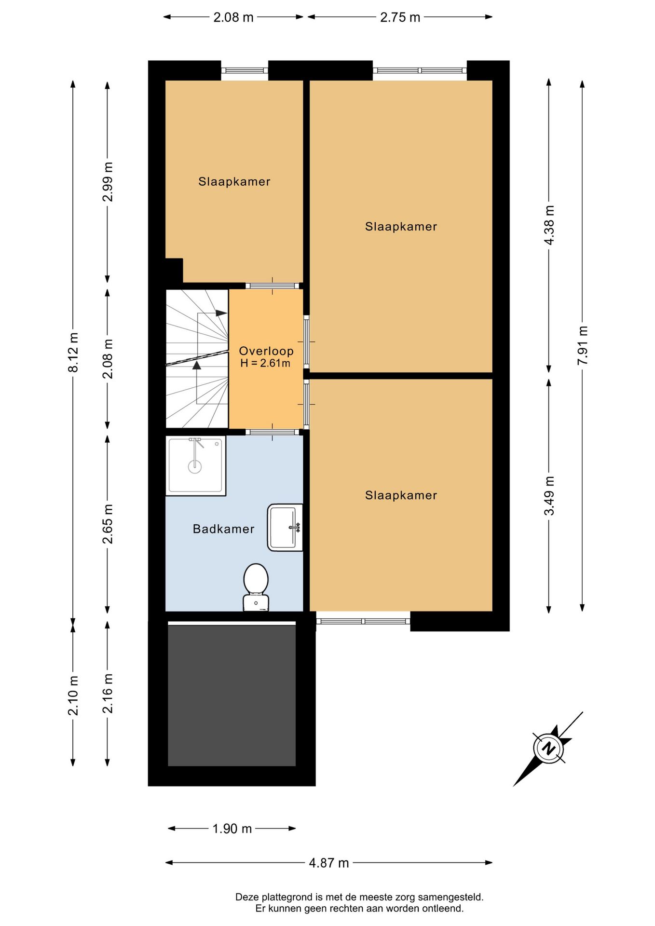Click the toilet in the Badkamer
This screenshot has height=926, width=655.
(x=256, y=587)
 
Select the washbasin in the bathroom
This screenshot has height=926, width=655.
(x=285, y=528)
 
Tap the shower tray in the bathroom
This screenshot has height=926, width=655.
(x=195, y=465)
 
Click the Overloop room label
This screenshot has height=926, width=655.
(x=266, y=351)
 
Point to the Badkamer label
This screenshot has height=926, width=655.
(x=223, y=529)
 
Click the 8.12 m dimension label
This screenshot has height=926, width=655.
(x=73, y=353)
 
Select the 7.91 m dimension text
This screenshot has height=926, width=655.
(x=583, y=345)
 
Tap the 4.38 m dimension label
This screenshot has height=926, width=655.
(x=549, y=225)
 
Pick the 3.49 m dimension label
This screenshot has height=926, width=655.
(x=549, y=496)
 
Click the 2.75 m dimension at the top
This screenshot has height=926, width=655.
(x=400, y=17)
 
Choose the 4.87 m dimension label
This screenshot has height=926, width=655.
(x=329, y=863)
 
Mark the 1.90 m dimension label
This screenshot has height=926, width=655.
(x=232, y=829)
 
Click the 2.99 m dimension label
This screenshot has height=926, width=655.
(x=108, y=182)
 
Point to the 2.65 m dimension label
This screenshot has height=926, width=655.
(x=108, y=524)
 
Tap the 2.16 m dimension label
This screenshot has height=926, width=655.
(x=108, y=694)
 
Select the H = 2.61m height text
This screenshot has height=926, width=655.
(x=265, y=363)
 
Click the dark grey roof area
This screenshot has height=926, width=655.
(x=232, y=695)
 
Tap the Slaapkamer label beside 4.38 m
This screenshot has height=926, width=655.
(x=401, y=227)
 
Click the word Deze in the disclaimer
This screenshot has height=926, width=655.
(x=247, y=897)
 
